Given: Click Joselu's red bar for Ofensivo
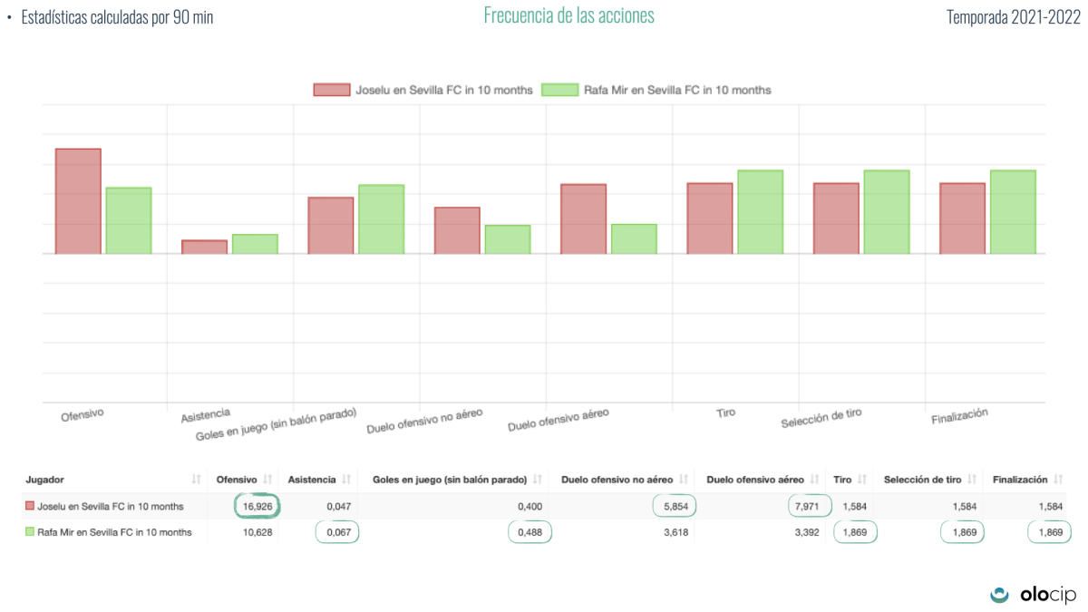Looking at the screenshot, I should click(78, 201).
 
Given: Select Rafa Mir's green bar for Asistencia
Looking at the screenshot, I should click(255, 244).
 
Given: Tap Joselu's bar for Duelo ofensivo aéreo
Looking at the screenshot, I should click(583, 219).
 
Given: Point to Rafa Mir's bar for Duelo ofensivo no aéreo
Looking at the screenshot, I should click(508, 239).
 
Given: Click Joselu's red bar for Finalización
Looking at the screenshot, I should click(962, 219).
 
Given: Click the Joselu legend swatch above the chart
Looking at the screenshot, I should click(332, 90).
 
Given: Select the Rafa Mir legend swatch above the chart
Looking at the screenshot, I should click(559, 90).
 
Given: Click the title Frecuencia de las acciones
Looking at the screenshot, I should click(568, 16).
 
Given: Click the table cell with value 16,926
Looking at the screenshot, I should click(257, 506).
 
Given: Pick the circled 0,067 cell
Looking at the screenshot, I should click(337, 532).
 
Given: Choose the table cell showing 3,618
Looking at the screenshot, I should click(673, 532).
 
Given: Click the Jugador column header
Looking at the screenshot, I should click(45, 479).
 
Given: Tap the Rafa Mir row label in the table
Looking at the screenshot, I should click(114, 532).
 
